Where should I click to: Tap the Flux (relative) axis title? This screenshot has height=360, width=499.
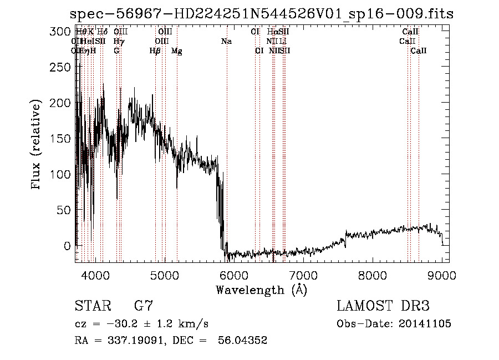(x=37, y=145)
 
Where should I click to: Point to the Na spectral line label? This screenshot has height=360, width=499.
(x=226, y=42)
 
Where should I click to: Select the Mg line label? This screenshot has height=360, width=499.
(x=176, y=51)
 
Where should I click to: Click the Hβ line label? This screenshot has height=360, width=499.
(x=155, y=51)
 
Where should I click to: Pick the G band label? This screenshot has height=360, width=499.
(x=116, y=51)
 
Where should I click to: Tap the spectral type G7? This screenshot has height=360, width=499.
(x=144, y=306)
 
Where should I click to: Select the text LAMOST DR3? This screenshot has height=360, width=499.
(x=383, y=306)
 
